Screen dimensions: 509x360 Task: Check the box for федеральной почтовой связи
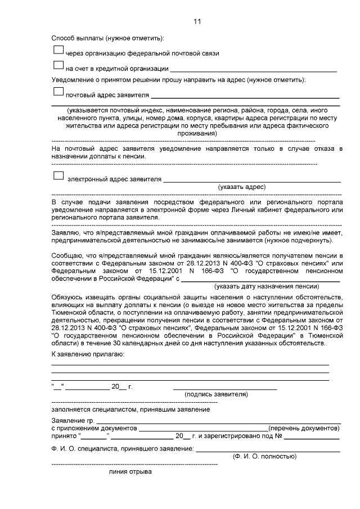tap(58, 51)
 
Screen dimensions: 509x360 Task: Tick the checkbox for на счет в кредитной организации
tap(58, 66)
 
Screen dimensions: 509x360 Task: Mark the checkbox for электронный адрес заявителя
tap(58, 175)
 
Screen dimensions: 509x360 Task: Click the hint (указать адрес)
tap(242, 187)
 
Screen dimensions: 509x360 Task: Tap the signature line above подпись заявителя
tap(224, 388)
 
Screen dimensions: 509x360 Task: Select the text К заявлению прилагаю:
tap(88, 354)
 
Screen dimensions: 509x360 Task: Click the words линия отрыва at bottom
tap(130, 472)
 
